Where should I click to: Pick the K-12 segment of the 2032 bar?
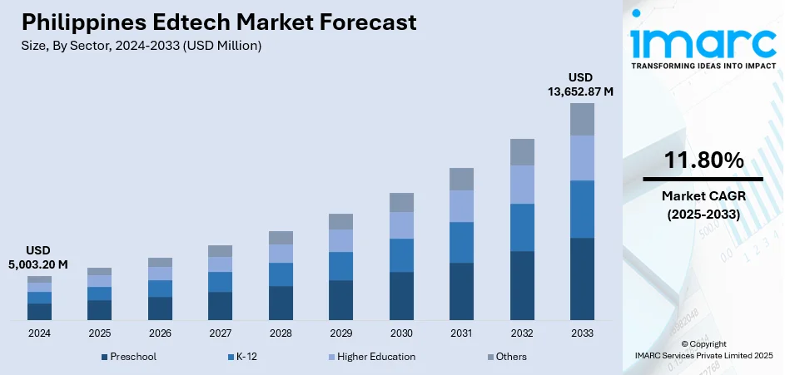[x=522, y=227]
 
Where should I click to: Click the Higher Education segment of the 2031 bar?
[x=461, y=205]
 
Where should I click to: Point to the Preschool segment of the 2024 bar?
[x=39, y=312]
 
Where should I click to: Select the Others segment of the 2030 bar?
[x=401, y=202]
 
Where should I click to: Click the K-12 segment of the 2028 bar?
[x=281, y=274]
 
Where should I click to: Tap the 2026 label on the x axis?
[x=160, y=333]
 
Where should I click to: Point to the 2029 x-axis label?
[x=340, y=333]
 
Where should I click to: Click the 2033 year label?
[x=582, y=333]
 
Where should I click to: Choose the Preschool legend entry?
[x=129, y=357]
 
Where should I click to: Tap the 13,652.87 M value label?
[x=580, y=91]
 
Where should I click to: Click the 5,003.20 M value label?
[x=39, y=264]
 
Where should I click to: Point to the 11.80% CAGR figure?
[x=703, y=161]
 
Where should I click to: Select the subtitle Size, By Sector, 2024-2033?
[x=141, y=46]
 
